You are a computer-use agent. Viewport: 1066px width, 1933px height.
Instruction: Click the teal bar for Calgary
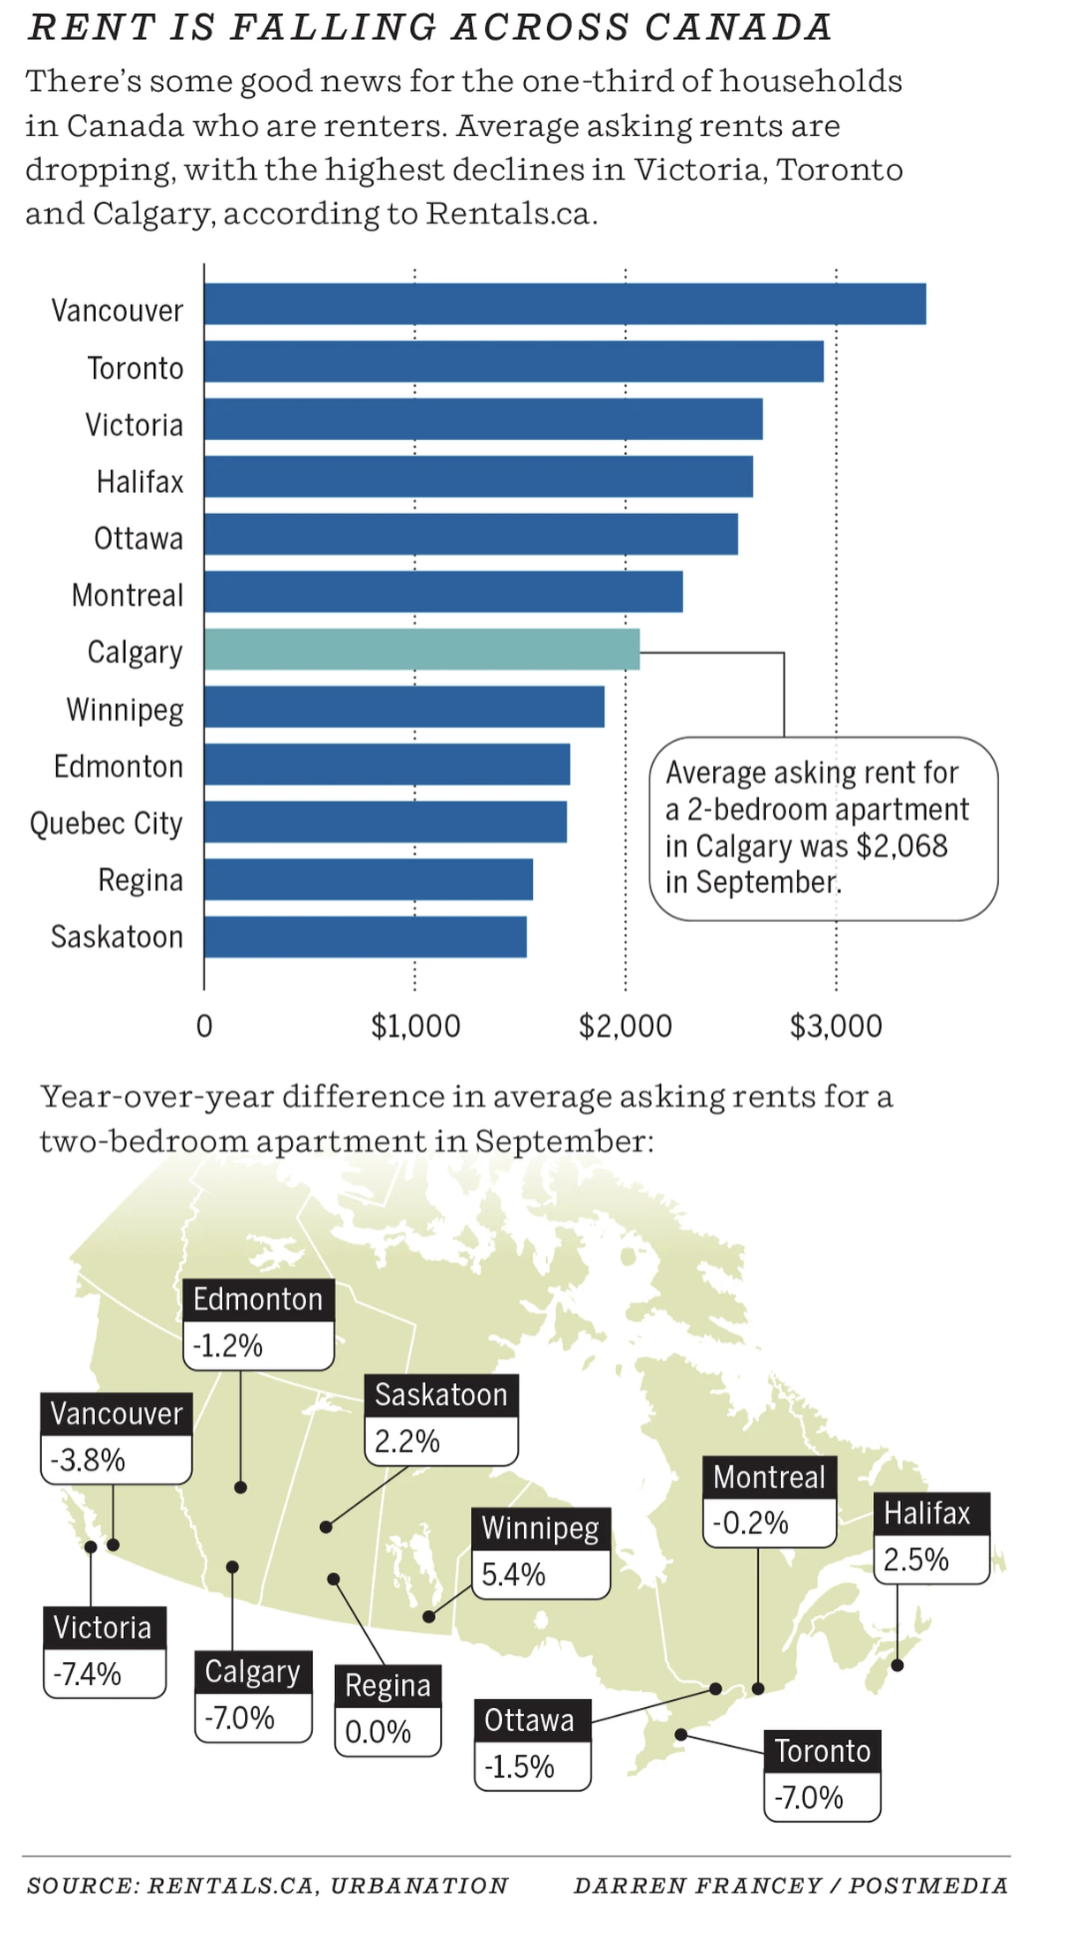click(421, 650)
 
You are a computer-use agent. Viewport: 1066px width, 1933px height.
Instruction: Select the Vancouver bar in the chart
click(564, 304)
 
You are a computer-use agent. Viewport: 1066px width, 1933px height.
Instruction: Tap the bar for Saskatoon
click(365, 937)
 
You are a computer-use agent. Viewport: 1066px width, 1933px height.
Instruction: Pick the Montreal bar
click(443, 592)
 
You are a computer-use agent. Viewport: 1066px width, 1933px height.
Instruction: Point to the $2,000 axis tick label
click(625, 1026)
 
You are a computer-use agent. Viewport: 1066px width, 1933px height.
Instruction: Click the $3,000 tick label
click(836, 1026)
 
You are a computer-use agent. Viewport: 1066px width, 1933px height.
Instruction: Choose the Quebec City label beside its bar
click(106, 824)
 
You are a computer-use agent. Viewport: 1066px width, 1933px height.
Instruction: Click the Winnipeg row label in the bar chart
click(125, 710)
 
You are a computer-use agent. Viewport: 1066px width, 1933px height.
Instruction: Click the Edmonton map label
click(258, 1299)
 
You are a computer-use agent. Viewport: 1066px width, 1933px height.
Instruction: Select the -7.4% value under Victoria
click(87, 1673)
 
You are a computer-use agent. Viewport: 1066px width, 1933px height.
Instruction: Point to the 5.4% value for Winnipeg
click(513, 1574)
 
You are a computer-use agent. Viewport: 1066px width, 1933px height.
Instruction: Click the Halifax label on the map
click(927, 1513)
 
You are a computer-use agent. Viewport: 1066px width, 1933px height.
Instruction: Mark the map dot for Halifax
click(898, 1665)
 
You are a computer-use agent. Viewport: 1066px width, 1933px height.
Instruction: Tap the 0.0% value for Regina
click(377, 1731)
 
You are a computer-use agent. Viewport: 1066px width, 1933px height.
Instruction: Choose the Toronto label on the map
click(822, 1750)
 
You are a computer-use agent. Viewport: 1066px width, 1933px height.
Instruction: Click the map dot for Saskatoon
click(326, 1527)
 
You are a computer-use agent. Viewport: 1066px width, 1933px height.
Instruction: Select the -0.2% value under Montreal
click(750, 1523)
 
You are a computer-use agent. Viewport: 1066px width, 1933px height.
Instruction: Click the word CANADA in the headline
click(738, 28)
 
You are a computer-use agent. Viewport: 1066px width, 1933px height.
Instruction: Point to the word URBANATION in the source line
click(419, 1885)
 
